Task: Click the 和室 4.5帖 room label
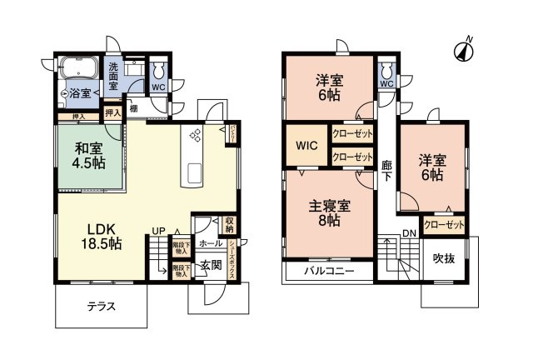pos(87,155)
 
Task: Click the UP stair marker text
pos(157,231)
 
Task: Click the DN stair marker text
pos(409,232)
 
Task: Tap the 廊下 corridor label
pos(386,172)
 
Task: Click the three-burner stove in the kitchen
pos(197,135)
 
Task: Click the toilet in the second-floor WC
pos(386,68)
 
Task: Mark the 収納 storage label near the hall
pos(230,225)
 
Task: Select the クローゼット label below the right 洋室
pos(443,224)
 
